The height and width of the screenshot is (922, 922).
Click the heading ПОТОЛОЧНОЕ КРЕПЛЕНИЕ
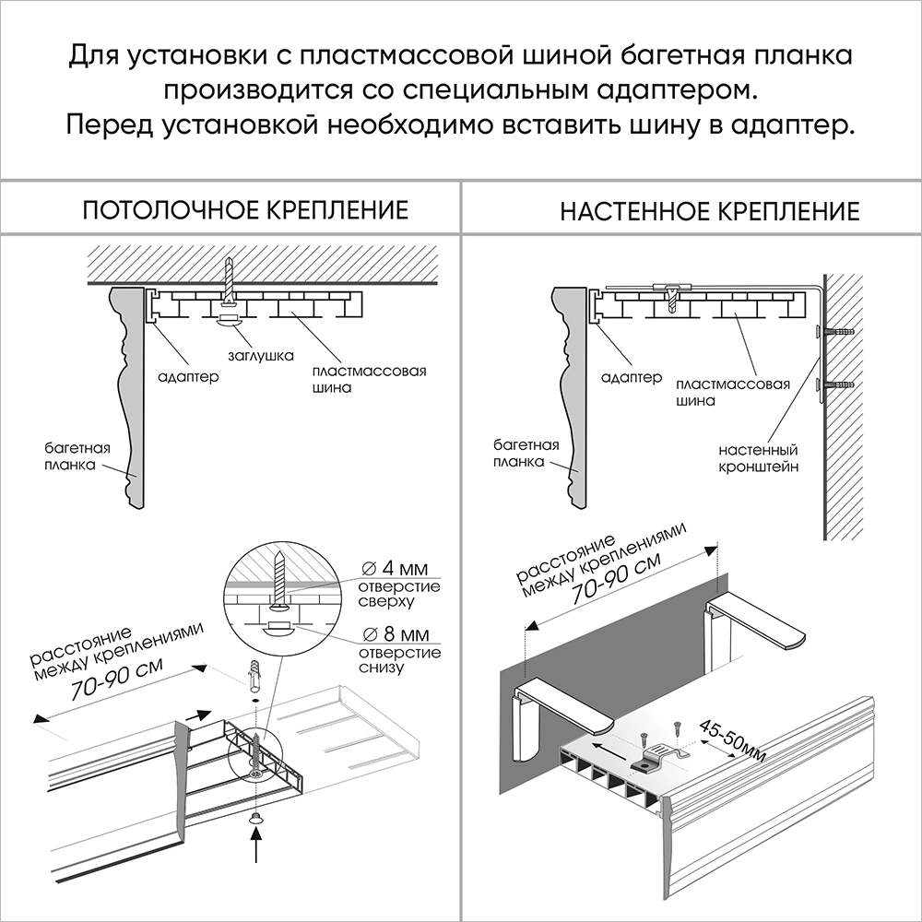(245, 209)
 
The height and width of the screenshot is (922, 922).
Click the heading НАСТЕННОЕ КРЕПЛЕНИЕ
(709, 211)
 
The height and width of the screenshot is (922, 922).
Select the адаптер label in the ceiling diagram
(188, 377)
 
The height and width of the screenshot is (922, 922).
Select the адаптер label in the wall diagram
(631, 378)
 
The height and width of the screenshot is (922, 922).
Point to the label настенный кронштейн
(758, 459)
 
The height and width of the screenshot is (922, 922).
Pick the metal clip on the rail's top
(656, 761)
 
